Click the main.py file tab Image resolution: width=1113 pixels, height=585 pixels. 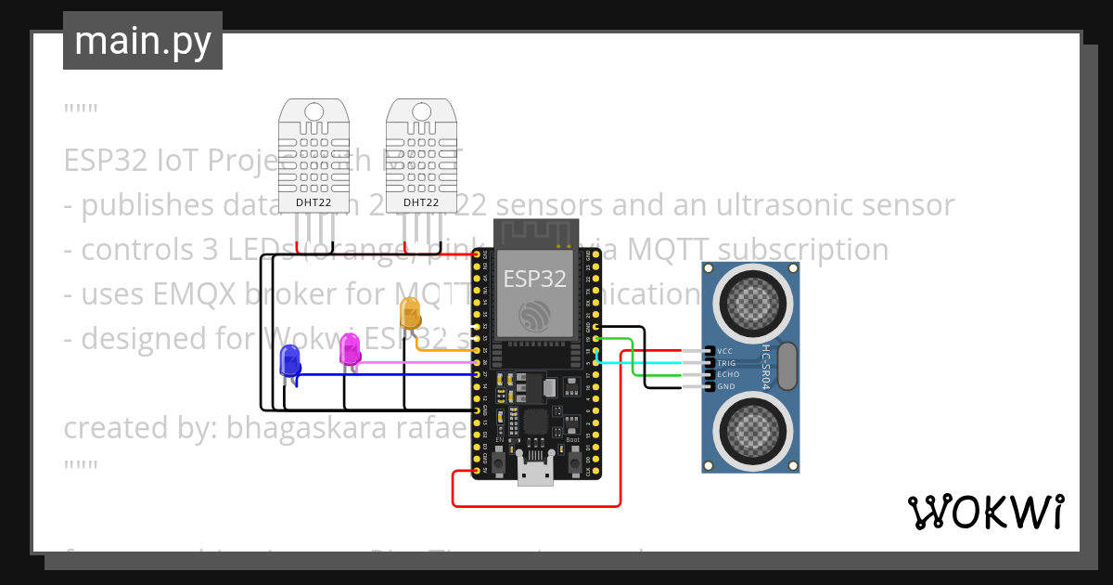tap(142, 41)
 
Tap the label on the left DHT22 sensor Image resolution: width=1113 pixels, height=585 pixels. tap(313, 202)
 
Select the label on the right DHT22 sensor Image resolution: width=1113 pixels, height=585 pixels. tap(421, 202)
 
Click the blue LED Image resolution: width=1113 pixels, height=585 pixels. tap(289, 361)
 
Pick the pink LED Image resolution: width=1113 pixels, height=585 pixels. tap(350, 349)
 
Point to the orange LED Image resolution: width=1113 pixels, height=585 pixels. tap(410, 314)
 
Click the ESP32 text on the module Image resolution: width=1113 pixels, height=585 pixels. tap(534, 278)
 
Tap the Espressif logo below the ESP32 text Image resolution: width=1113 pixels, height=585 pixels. tap(535, 316)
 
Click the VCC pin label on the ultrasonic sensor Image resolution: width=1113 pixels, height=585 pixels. tap(725, 352)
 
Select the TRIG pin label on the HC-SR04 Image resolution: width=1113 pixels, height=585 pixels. tap(726, 363)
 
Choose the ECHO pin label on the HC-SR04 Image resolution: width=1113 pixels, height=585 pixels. tap(727, 374)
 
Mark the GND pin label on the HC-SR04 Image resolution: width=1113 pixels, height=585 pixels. tap(725, 386)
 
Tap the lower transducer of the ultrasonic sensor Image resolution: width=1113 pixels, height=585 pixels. tap(752, 429)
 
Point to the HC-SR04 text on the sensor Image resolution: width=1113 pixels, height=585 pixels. tap(766, 367)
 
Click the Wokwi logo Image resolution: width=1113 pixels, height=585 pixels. tap(985, 512)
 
